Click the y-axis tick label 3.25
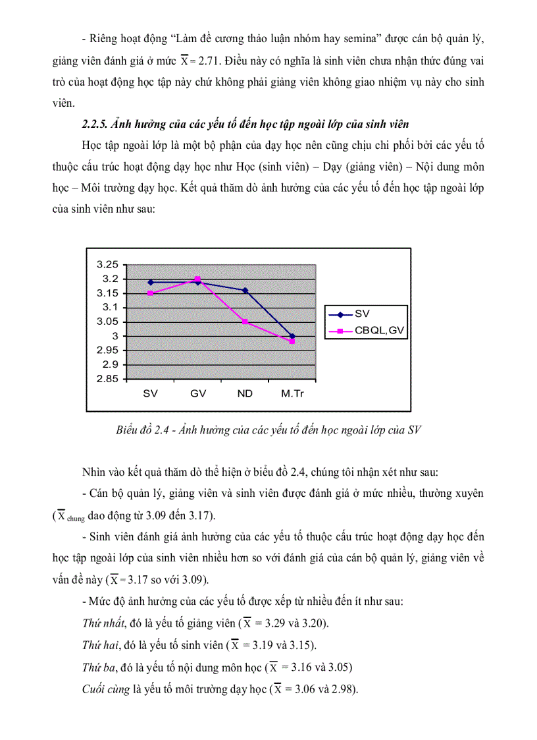click(107, 264)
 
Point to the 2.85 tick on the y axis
click(107, 379)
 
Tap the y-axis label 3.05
click(107, 322)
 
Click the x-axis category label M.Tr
click(292, 394)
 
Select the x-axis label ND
click(245, 394)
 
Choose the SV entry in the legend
click(361, 314)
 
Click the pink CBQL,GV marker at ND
click(245, 322)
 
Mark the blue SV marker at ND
click(245, 290)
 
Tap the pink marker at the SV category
click(150, 293)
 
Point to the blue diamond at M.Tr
click(292, 336)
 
